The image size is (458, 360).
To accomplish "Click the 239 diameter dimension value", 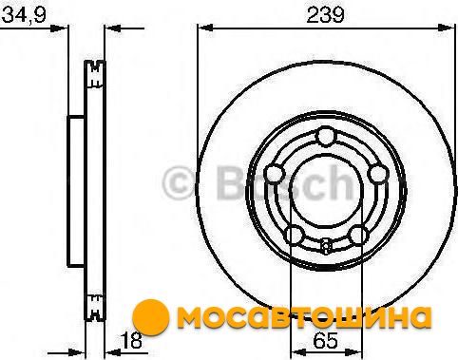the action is pos(325,14).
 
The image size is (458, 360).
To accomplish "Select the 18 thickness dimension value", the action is pos(131,341).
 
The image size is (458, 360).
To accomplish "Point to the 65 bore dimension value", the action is pos(326,341).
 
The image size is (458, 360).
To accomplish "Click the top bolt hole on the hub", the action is pos(326,136).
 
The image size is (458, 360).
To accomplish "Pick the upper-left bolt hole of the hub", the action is pos(275,174).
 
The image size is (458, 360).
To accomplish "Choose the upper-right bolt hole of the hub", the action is pos(377,174).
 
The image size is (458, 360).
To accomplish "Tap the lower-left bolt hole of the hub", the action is pos(295,236).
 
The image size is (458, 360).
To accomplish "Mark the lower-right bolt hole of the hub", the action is pos(359,235).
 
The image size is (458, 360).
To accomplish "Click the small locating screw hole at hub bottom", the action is pos(326,246).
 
